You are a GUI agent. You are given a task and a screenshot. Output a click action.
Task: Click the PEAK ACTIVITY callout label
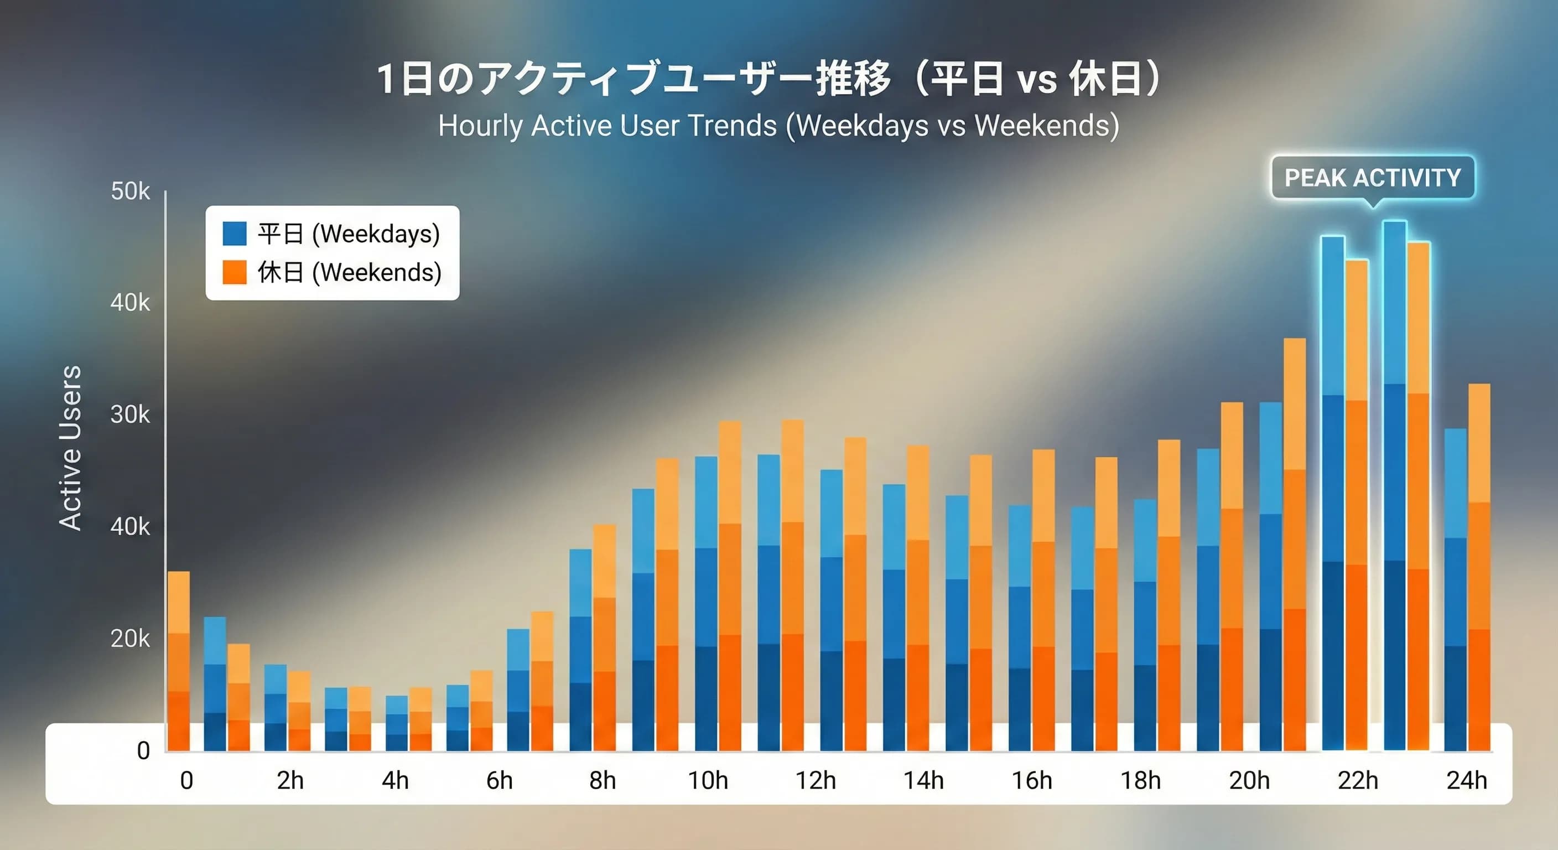tap(1372, 178)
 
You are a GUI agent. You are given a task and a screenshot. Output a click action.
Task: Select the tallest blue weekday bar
tap(1394, 484)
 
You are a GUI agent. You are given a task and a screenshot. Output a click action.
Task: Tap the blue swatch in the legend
tap(235, 234)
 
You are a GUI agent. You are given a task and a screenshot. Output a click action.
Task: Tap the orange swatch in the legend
tap(235, 272)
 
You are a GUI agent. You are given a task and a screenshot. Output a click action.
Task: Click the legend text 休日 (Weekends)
tap(350, 272)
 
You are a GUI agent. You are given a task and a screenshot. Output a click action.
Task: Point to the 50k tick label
tap(130, 191)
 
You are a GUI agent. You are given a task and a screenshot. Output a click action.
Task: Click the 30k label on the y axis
tap(130, 415)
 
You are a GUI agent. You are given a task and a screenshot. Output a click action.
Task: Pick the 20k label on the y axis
tap(130, 639)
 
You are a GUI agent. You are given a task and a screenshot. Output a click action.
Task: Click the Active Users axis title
tap(70, 448)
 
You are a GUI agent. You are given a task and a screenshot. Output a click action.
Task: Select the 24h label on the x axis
tap(1466, 780)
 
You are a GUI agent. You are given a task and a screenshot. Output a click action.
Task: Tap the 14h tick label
tap(923, 780)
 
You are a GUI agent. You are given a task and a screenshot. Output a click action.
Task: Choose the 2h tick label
tap(290, 780)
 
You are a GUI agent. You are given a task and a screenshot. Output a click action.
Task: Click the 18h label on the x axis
tap(1140, 780)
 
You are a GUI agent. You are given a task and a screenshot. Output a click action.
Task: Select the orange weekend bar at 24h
tap(1479, 569)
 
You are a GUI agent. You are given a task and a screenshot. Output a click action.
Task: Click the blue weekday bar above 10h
tap(706, 605)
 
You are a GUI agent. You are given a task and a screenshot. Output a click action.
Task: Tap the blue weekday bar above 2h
tap(275, 708)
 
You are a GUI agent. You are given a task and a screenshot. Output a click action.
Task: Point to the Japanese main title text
tap(768, 79)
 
